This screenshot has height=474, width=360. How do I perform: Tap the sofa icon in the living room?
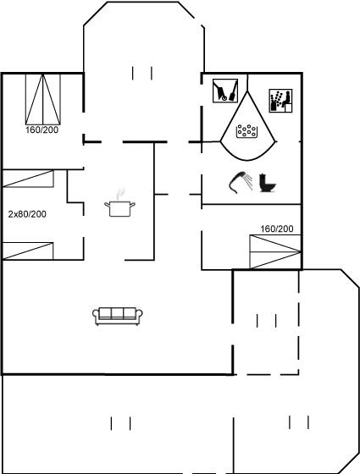click(118, 317)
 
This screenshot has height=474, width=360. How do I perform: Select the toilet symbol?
click(267, 183)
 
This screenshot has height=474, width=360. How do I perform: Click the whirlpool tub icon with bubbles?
click(247, 131)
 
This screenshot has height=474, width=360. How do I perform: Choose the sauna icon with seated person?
click(280, 101)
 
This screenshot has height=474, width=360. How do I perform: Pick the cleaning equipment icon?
click(225, 91)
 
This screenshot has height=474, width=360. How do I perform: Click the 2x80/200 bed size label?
click(27, 214)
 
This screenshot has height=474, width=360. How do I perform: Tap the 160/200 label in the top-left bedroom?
click(42, 130)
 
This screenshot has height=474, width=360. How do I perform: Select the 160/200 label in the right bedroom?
click(277, 229)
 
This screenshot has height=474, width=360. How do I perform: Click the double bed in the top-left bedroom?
click(43, 99)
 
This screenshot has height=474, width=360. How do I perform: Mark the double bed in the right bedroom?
click(275, 251)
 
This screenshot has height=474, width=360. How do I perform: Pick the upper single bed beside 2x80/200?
click(28, 179)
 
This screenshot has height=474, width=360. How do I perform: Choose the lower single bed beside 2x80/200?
click(28, 251)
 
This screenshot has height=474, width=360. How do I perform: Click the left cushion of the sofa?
click(105, 313)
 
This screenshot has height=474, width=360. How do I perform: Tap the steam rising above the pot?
click(120, 194)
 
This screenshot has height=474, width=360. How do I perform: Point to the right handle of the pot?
click(132, 205)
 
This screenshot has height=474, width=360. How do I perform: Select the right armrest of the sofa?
click(139, 315)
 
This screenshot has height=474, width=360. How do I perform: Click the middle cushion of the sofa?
click(118, 313)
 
